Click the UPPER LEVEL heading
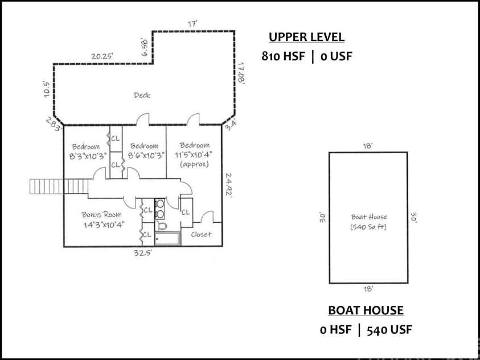pos(306,37)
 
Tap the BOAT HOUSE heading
pos(366,310)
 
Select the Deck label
pos(142,95)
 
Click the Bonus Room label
pos(101,214)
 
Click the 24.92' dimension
pos(229,186)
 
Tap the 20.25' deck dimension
pos(102,56)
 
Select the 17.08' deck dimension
pos(241,73)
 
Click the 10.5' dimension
pos(47,89)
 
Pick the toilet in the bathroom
pos(161,226)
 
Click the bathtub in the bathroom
pos(167,239)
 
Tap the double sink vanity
pos(159,208)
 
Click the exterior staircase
pos(59,186)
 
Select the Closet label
pos(201,235)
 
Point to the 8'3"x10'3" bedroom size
pos(88,156)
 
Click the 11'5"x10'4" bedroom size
pos(194,154)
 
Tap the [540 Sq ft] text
pos(368,227)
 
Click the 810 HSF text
pos(283,56)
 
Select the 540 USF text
pos(389,330)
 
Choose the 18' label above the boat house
pos(368,146)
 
